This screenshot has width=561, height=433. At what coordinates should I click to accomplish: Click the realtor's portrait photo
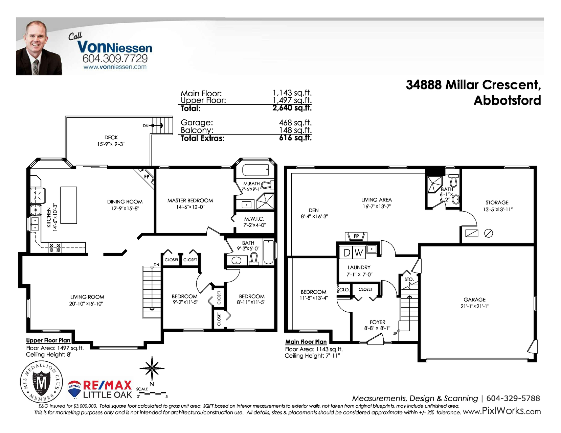[x=39, y=48]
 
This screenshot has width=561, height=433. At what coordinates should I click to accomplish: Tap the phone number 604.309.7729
[x=115, y=58]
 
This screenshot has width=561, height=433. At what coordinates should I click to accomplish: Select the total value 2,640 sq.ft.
[x=292, y=108]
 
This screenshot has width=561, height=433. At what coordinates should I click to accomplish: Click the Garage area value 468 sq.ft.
[x=295, y=122]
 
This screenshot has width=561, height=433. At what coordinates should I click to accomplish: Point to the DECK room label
[x=111, y=138]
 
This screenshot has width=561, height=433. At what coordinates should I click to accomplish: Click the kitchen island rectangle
[x=69, y=205]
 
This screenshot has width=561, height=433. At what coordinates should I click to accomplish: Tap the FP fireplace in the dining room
[x=146, y=177]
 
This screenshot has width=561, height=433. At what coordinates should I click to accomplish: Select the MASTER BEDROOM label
[x=190, y=200]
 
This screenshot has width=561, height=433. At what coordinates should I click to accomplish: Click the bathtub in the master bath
[x=255, y=170]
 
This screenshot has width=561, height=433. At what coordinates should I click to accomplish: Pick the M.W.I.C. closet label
[x=254, y=219]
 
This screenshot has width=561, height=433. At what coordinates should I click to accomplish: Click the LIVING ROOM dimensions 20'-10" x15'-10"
[x=86, y=304]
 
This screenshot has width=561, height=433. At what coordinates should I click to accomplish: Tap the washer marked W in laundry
[x=359, y=252]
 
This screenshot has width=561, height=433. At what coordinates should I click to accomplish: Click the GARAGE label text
[x=474, y=299]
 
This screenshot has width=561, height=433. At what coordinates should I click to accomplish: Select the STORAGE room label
[x=497, y=202]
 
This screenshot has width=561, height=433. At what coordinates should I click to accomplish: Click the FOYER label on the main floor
[x=378, y=322]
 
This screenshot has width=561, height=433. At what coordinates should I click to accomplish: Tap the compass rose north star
[x=152, y=368]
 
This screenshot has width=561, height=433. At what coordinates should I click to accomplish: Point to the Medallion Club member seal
[x=41, y=382]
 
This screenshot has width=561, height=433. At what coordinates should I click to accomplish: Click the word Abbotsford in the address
[x=507, y=100]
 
